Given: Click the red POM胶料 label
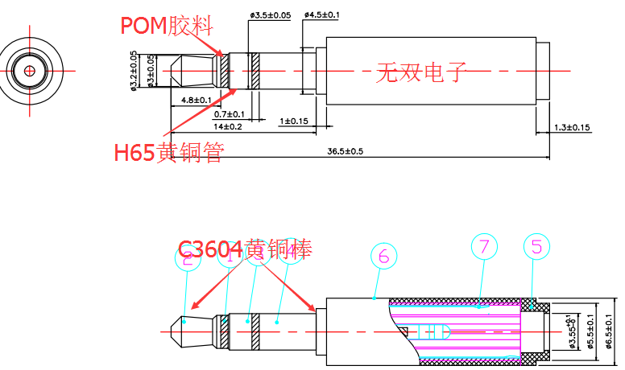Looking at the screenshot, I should tap(168, 26).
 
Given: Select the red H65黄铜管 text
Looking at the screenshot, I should tap(168, 152).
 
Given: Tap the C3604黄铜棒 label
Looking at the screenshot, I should tap(245, 249).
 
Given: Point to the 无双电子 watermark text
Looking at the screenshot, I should tap(422, 73).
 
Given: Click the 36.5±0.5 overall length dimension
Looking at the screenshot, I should tap(345, 151).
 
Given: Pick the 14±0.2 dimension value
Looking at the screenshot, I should tap(227, 127).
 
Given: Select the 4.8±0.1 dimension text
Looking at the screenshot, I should tap(196, 101).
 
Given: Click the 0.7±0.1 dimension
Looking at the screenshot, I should tap(229, 114).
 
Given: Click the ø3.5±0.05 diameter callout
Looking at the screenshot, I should tap(270, 15).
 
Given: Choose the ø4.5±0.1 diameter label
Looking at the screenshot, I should tap(322, 15).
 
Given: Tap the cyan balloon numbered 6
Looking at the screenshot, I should tap(383, 256).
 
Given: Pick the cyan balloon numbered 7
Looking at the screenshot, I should tap(484, 248).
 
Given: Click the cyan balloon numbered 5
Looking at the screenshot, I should tap(536, 246).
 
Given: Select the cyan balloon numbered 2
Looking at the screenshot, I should tap(188, 257).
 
